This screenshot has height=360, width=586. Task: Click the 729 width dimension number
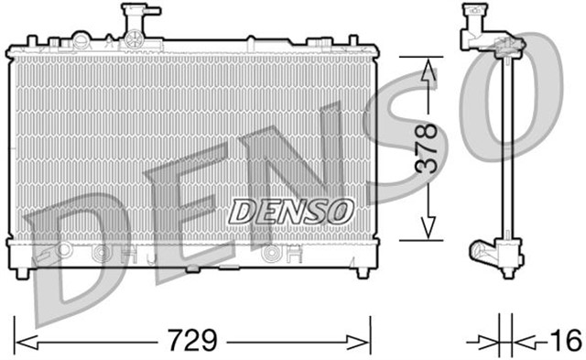(193, 342)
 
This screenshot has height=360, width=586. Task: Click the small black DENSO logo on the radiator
(290, 210)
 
